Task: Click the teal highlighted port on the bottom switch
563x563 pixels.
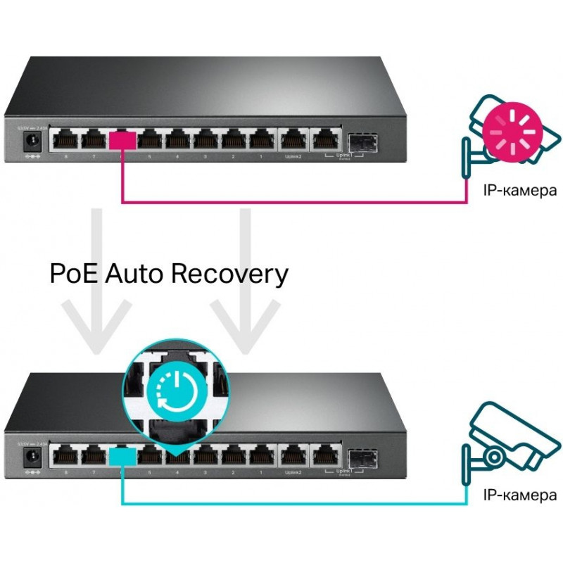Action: [122, 455]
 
